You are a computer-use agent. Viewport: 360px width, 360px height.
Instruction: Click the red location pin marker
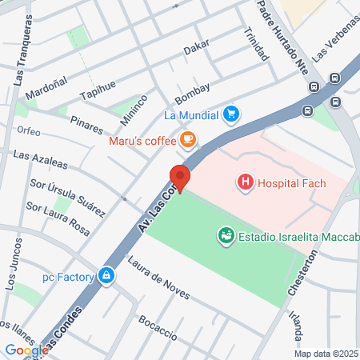(x=180, y=178)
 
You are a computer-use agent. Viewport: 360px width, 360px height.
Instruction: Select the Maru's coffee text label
(x=142, y=142)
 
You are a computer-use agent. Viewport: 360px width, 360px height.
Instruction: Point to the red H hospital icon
(x=245, y=183)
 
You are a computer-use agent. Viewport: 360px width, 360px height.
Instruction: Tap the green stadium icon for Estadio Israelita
(x=226, y=235)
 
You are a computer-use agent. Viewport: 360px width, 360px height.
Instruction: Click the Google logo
(x=26, y=350)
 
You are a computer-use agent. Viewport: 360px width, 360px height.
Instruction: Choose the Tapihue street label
(x=98, y=90)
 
